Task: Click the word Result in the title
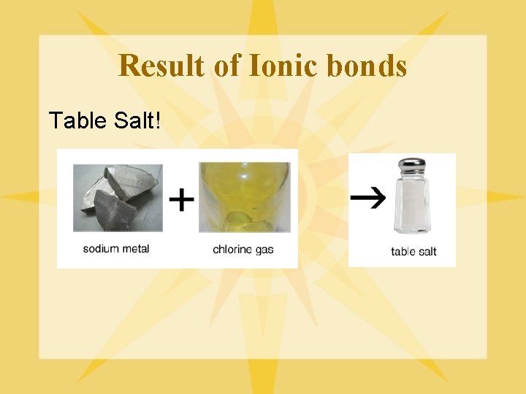coord(162,66)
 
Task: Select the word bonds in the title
coord(368,66)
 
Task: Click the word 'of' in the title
coord(226,66)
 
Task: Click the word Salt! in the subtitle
coord(136,120)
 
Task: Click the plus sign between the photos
coord(182,199)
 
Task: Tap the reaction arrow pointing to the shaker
coord(367,198)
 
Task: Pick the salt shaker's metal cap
coord(409,167)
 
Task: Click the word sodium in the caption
coord(101,249)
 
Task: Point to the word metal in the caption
coord(136,249)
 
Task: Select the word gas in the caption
coord(265,250)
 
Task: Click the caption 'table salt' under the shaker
coord(413,252)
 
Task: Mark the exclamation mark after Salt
coord(158,120)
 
